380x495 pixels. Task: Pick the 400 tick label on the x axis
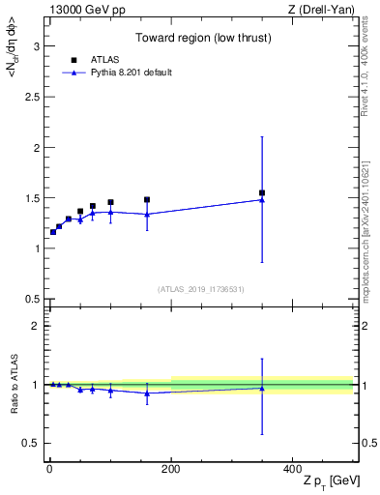pos(291,468)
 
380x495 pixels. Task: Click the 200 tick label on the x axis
pos(170,468)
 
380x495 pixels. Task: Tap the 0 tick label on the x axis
pos(49,468)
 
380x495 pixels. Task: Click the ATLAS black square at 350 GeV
pos(262,192)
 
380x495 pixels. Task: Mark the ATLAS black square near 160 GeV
pos(147,200)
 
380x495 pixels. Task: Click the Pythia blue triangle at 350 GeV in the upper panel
pos(262,200)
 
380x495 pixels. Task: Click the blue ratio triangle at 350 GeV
pos(262,388)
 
